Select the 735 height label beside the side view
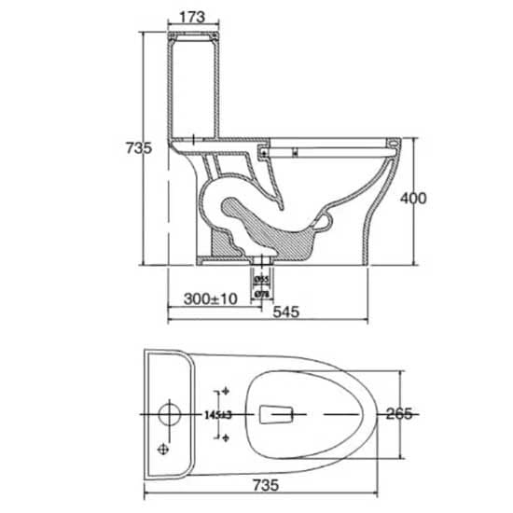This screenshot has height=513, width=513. click(138, 148)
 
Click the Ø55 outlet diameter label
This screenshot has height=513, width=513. click(262, 278)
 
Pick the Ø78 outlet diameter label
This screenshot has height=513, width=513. click(262, 294)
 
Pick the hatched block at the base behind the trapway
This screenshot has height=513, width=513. click(222, 244)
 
